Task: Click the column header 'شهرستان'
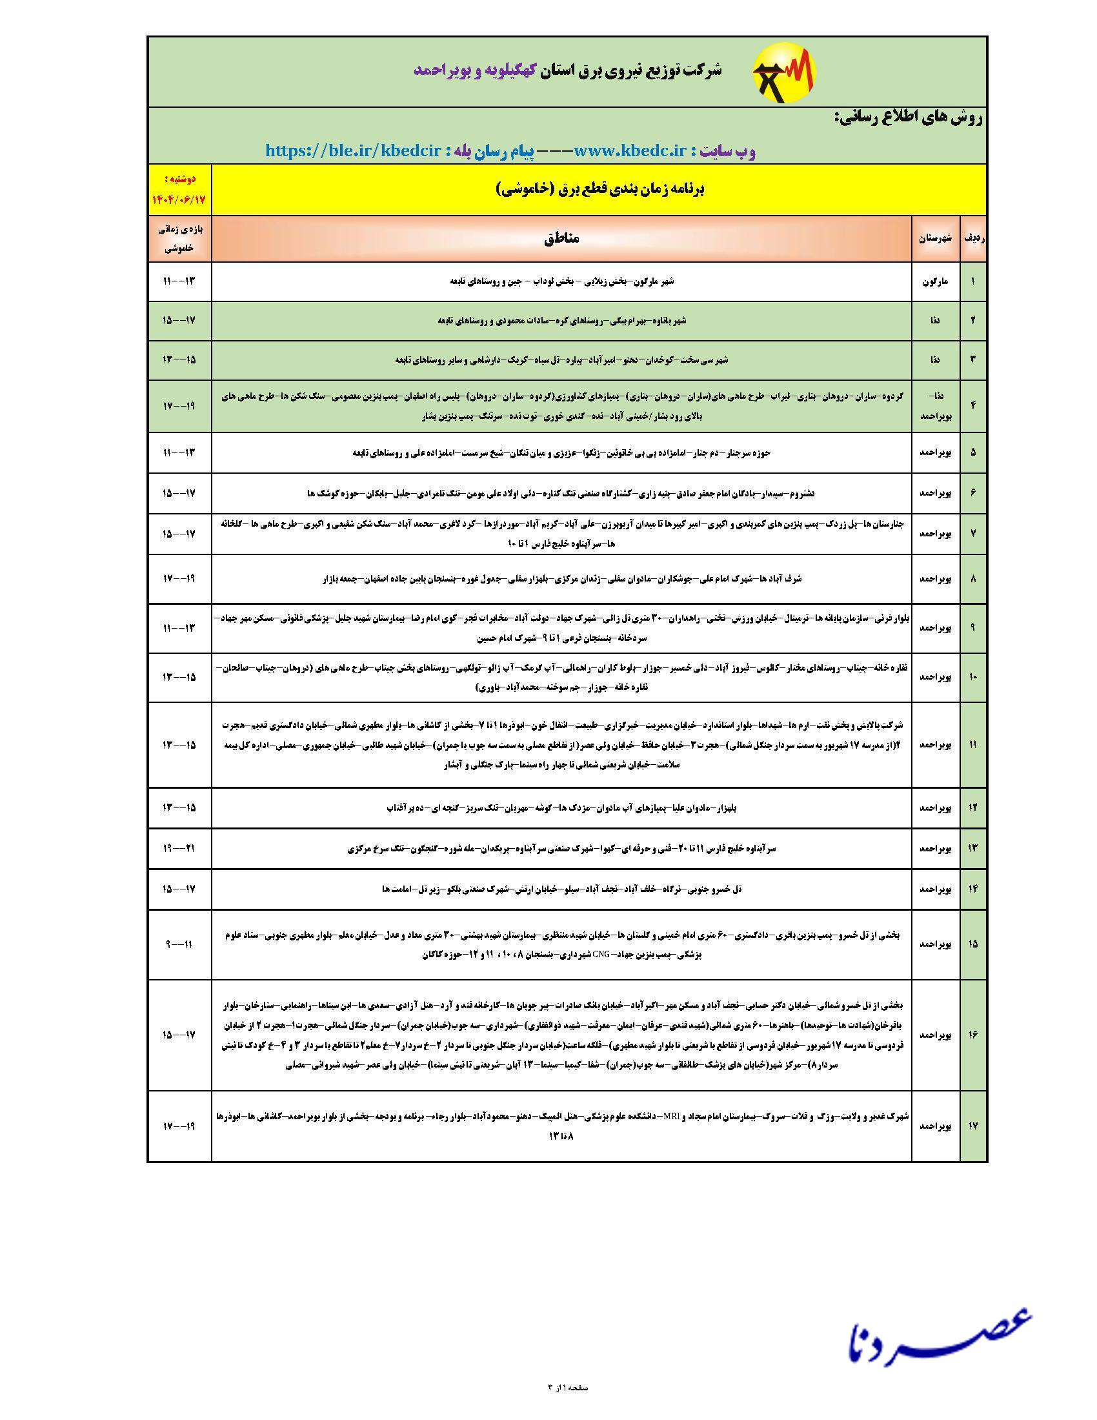click(x=935, y=238)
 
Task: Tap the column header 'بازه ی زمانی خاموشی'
click(x=179, y=238)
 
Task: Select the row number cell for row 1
click(x=973, y=281)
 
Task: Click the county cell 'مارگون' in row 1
click(x=935, y=281)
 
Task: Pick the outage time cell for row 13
click(x=179, y=849)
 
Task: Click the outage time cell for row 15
click(x=179, y=944)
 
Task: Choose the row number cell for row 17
click(x=973, y=1126)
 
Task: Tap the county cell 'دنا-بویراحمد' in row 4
click(x=935, y=406)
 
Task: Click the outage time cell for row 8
click(x=179, y=578)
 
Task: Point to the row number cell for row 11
click(x=973, y=744)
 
